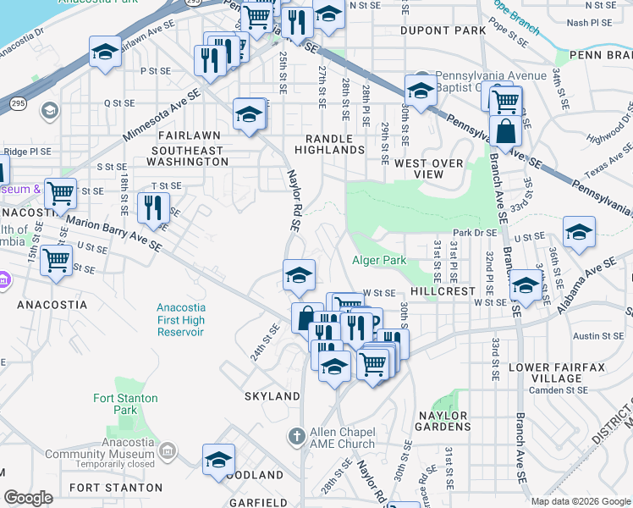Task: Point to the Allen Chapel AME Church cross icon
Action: [296, 436]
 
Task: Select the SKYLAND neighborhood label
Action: [272, 396]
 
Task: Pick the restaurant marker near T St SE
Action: [153, 207]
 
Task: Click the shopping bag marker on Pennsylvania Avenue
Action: [505, 132]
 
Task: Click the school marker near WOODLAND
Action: [218, 459]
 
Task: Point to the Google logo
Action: [29, 498]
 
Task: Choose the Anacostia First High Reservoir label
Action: [180, 320]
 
